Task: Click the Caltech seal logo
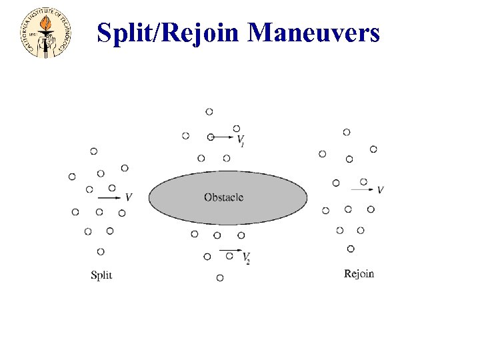click(45, 33)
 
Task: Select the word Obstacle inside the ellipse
click(224, 197)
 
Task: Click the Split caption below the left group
click(101, 275)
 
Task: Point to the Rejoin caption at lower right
click(359, 273)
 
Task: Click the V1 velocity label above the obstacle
click(241, 140)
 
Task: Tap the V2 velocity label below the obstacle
click(246, 257)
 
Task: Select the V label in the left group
click(129, 197)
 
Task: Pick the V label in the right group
click(380, 190)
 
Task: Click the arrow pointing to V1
click(225, 137)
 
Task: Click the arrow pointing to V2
click(231, 251)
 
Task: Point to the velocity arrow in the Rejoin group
click(362, 190)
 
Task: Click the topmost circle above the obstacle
click(209, 111)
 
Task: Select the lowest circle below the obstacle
click(220, 277)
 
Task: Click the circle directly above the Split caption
click(101, 251)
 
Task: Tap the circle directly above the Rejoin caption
click(351, 249)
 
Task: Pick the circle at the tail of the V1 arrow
click(211, 137)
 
